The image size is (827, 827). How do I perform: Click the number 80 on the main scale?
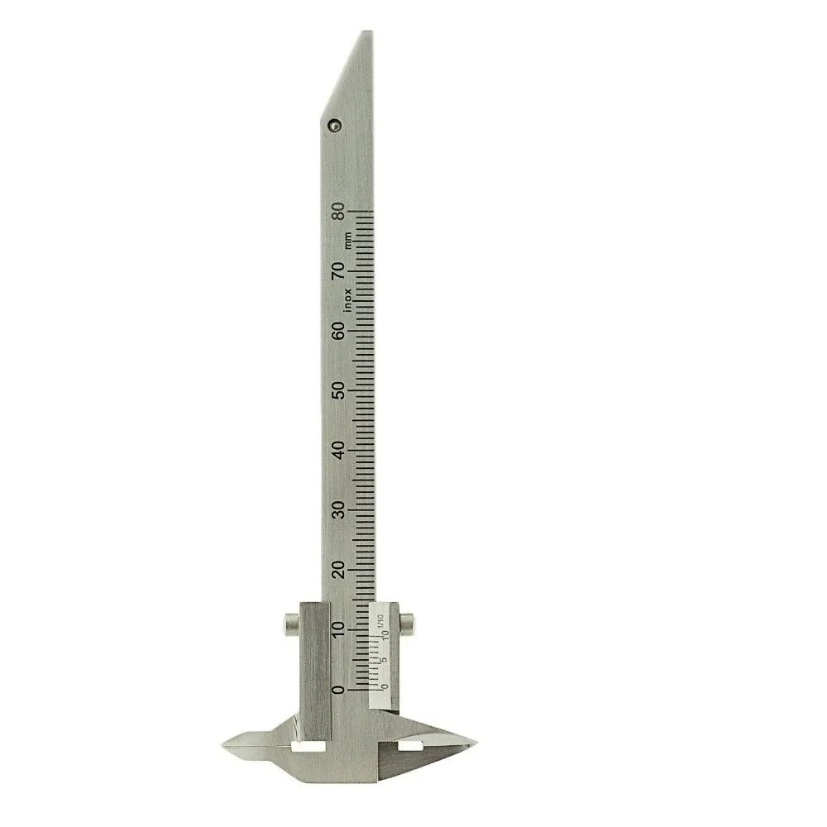pos(338,212)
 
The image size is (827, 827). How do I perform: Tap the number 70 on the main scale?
pos(338,271)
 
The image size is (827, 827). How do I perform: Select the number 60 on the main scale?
pos(338,331)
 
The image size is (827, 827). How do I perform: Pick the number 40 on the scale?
pos(338,450)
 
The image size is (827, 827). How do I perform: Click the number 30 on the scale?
pos(338,509)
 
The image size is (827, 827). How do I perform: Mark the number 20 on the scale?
pos(338,570)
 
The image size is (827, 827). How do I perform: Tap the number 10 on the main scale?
pos(338,629)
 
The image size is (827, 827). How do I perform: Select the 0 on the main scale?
pos(338,689)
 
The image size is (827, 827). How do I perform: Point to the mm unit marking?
pos(348,241)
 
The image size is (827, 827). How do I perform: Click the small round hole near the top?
pos(333,125)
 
